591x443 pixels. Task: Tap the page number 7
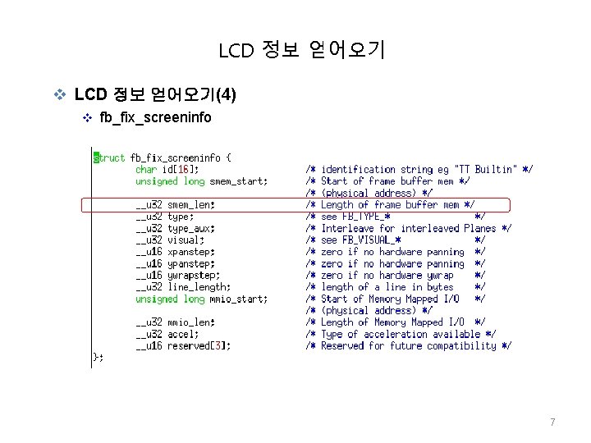552,422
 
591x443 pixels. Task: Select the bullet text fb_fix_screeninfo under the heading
154,117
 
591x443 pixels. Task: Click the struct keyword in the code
110,158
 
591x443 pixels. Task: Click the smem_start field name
238,180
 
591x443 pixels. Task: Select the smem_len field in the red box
190,205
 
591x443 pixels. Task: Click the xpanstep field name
190,252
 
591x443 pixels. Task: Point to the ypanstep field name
190,264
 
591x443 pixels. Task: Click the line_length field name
199,287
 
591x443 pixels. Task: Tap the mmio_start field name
238,299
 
